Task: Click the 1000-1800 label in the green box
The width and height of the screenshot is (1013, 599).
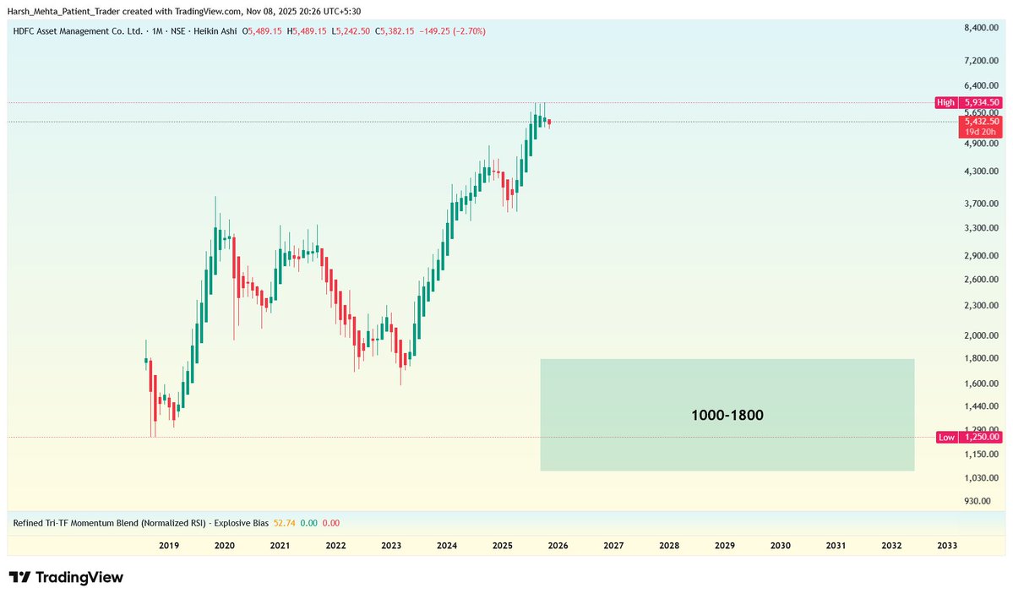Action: click(x=727, y=416)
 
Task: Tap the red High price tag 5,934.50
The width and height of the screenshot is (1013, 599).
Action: click(x=981, y=102)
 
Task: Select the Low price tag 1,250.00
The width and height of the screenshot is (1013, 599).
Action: click(x=981, y=437)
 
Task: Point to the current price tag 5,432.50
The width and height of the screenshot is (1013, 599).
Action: click(x=981, y=122)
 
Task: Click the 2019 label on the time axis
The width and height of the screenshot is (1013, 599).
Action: click(x=169, y=546)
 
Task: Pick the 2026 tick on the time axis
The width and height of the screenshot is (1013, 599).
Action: click(x=558, y=546)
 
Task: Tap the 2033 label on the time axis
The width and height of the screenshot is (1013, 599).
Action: click(x=947, y=546)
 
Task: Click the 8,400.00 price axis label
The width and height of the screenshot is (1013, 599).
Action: click(x=982, y=29)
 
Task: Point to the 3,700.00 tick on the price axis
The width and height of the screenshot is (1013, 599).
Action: click(x=982, y=204)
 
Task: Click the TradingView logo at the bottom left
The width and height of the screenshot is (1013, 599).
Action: click(x=67, y=578)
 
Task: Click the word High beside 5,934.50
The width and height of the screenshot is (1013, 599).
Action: click(x=945, y=102)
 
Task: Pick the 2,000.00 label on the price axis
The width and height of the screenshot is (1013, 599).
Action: click(x=982, y=335)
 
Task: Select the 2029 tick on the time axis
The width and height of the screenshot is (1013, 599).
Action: click(x=724, y=546)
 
